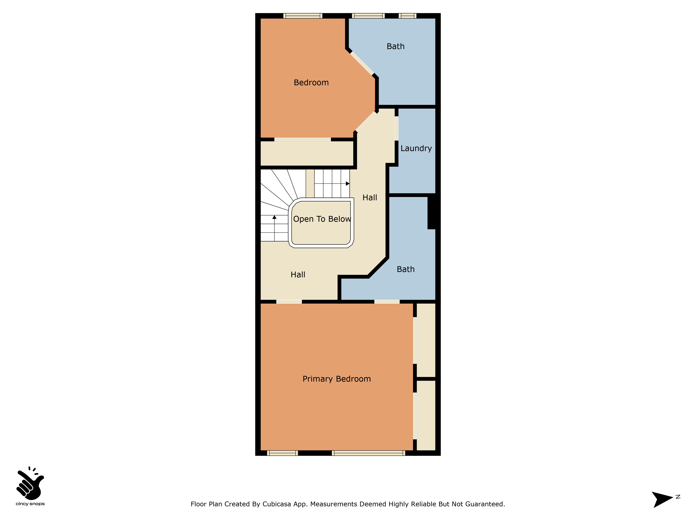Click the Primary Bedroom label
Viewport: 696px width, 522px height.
click(337, 379)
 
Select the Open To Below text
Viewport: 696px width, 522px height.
click(322, 219)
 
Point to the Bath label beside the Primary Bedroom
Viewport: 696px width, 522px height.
click(406, 269)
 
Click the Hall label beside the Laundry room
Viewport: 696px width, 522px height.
click(370, 198)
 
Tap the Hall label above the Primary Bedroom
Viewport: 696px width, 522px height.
click(298, 275)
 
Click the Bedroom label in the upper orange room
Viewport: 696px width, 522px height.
click(311, 82)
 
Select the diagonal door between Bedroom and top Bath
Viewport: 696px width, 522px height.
click(362, 63)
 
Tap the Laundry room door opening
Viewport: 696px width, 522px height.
click(396, 128)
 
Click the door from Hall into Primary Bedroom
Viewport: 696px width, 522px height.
click(289, 302)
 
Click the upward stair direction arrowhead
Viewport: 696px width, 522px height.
click(274, 217)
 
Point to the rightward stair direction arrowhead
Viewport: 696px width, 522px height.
click(348, 183)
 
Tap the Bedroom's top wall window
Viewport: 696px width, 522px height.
click(303, 16)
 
